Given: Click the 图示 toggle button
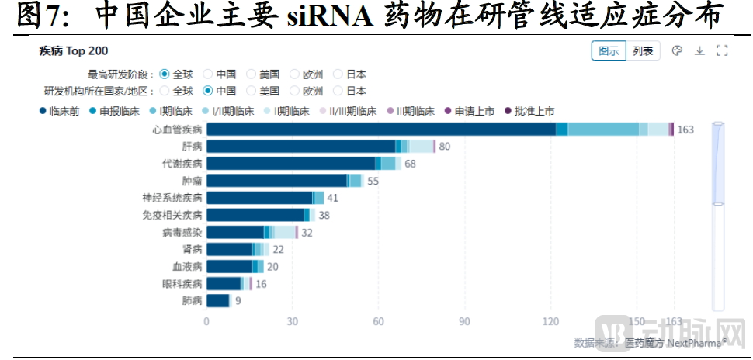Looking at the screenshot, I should [609, 51].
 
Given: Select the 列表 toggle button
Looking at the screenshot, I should [642, 51].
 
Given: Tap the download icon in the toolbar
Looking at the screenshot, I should [699, 51].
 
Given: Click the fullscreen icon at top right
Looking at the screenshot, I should [722, 51].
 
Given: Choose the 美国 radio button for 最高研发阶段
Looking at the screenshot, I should [252, 74].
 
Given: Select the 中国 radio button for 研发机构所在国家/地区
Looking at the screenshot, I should [208, 90].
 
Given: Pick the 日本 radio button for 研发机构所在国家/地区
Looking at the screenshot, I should [338, 90].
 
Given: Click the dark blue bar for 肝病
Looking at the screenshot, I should [301, 146].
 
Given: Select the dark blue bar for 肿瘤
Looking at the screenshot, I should [277, 180].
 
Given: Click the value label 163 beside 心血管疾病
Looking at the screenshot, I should [685, 130].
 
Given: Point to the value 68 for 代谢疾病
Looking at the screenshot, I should [410, 164].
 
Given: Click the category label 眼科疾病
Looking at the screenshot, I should [182, 283].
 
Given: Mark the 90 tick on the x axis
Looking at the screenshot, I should [464, 322].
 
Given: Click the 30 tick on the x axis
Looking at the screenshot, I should [293, 322].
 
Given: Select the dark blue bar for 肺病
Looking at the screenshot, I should [218, 300].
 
